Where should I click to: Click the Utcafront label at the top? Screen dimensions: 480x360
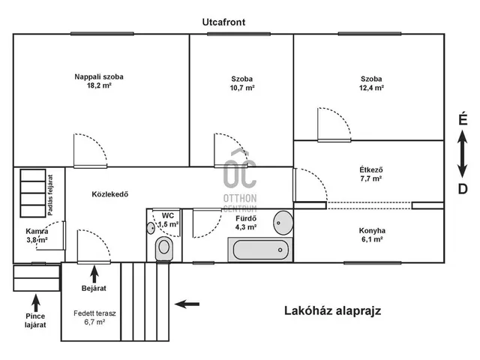point(223,22)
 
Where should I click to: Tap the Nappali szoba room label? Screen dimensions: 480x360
point(99,76)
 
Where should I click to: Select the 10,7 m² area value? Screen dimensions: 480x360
point(242,88)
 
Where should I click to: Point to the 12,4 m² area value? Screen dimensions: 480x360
point(371,88)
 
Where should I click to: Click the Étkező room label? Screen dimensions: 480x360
point(371,169)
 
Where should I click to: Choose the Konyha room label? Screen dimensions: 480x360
point(372,230)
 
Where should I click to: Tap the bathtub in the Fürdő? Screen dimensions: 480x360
point(260,250)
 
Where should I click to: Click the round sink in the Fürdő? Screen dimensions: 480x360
point(283,223)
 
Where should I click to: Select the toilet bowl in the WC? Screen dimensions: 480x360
point(164,248)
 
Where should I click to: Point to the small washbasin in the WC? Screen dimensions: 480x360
point(151,228)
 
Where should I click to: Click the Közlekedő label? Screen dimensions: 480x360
point(110,194)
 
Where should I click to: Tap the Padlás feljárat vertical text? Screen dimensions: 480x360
point(50,195)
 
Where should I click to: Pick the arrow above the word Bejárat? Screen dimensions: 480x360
point(94,274)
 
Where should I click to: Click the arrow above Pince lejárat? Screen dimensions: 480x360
point(36,303)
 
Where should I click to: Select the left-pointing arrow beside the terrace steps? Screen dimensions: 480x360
point(187,304)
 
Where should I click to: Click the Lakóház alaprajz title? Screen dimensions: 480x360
point(333,310)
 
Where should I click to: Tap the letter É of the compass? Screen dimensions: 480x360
point(463,118)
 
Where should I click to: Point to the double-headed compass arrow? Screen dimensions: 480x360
point(462,154)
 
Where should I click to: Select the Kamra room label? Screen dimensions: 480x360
point(37,232)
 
